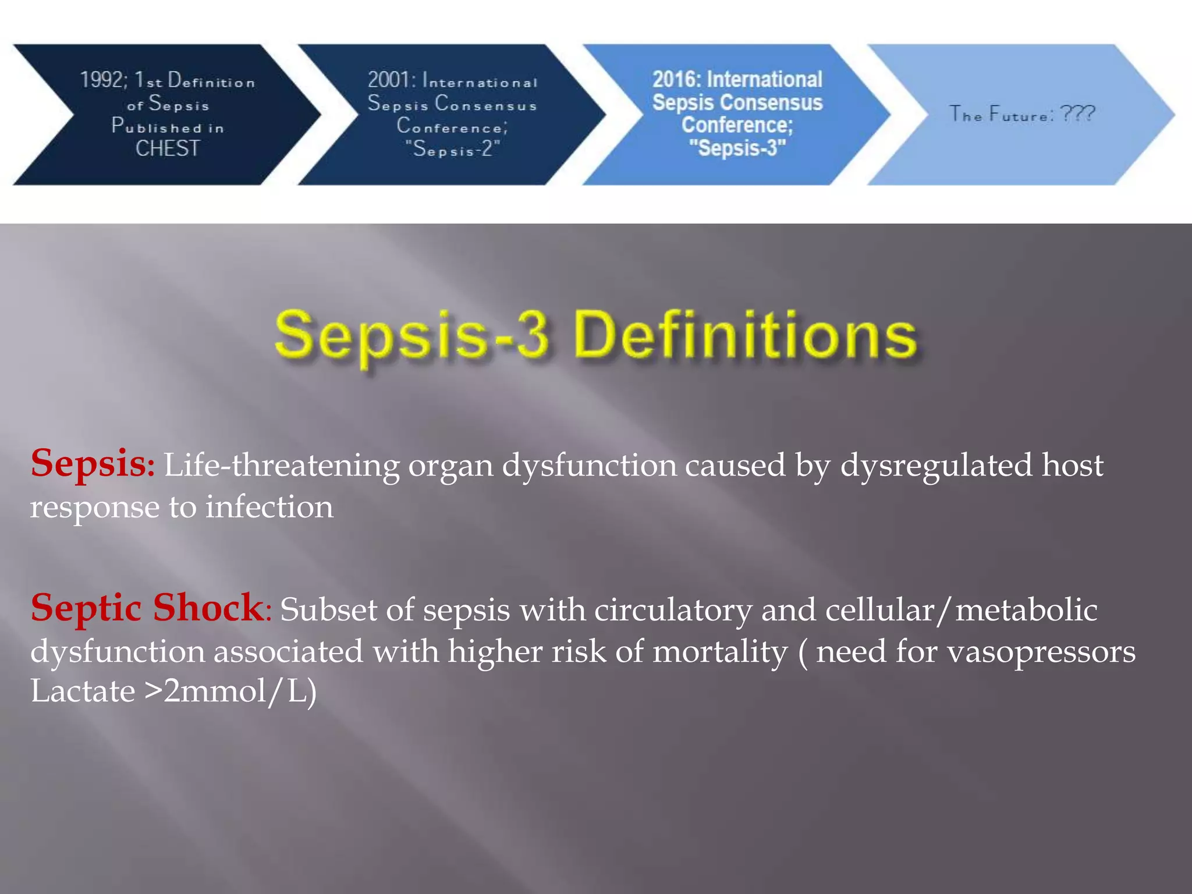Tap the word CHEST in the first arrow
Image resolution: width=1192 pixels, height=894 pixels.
coord(168,148)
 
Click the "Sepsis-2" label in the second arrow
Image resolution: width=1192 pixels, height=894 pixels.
coord(453,149)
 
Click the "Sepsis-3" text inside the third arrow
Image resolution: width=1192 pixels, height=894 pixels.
coord(737,148)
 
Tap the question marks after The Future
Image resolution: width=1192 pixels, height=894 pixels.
coord(1077,113)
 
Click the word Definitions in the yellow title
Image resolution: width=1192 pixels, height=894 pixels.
coord(746,336)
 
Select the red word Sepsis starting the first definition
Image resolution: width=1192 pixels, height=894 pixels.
coord(89,464)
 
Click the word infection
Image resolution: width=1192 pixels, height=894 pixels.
coord(269,507)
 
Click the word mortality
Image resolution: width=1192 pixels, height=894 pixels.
coord(720,651)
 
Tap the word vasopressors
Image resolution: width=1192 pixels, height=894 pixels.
coord(1041,652)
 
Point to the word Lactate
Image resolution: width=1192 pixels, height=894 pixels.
coord(83,692)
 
